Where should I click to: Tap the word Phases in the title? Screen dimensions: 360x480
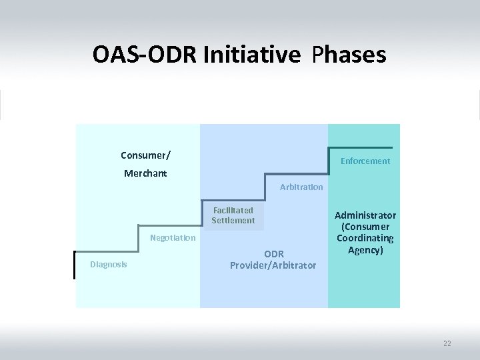(348, 55)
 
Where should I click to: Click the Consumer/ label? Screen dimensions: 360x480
(145, 155)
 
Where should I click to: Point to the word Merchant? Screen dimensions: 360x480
(145, 174)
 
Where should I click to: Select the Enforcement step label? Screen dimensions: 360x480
(365, 161)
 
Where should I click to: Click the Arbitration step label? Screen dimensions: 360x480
(301, 187)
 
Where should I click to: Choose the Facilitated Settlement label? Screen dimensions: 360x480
(233, 215)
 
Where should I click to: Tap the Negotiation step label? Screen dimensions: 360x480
(173, 238)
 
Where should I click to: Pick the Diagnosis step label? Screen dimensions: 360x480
(109, 265)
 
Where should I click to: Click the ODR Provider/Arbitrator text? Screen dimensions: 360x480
(273, 259)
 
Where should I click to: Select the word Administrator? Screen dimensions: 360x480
(365, 215)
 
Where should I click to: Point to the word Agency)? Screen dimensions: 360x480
(365, 250)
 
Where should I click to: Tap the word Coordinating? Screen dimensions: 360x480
(365, 238)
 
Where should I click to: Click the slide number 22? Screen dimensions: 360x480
(447, 343)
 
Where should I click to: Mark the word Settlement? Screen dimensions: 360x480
(233, 221)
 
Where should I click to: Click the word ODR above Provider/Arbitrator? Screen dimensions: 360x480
(273, 253)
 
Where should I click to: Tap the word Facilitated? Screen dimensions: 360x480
(233, 210)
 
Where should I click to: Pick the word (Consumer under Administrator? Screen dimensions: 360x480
(365, 227)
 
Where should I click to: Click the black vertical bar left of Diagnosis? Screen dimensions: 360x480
(75, 265)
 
